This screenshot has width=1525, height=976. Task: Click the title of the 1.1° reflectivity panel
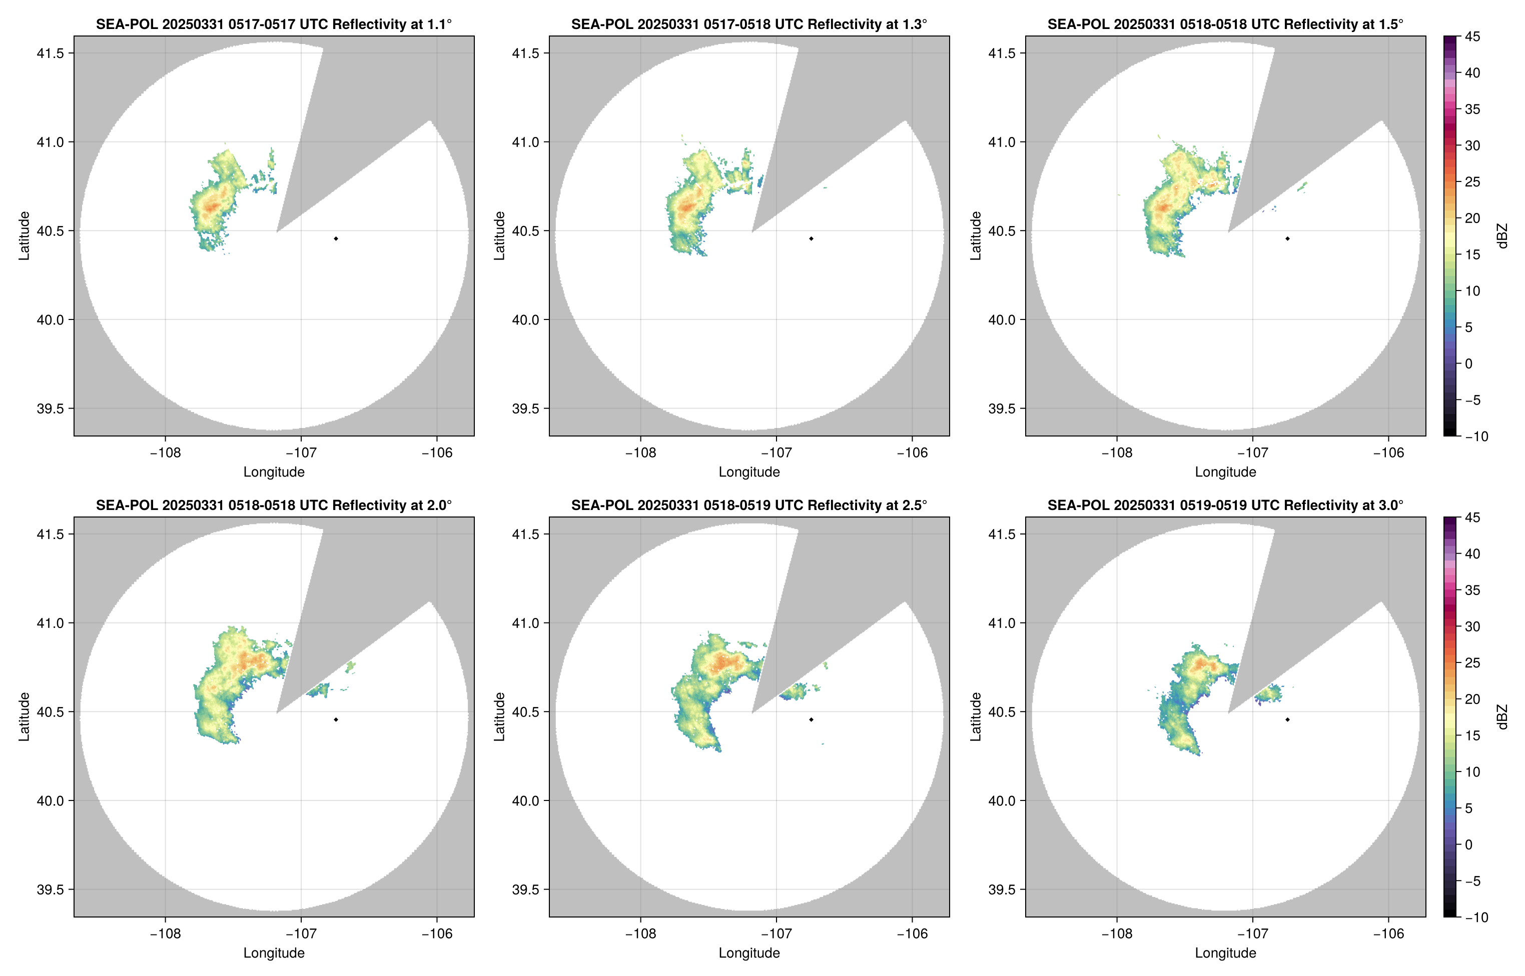click(x=274, y=24)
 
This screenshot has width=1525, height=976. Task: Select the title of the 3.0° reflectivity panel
click(x=1225, y=505)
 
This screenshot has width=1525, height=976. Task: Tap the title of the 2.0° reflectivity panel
click(x=274, y=505)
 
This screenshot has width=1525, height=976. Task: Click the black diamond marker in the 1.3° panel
click(x=811, y=239)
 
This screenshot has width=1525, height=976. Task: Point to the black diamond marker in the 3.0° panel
click(x=1287, y=720)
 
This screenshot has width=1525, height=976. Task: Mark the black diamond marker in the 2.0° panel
click(x=335, y=720)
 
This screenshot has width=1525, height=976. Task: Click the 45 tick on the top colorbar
click(x=1472, y=37)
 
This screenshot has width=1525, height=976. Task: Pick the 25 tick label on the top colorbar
click(x=1472, y=182)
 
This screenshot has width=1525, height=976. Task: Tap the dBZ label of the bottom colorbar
click(x=1501, y=717)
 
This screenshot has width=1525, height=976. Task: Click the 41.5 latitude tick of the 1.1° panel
click(x=50, y=53)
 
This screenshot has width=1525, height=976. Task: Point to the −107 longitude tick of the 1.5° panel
click(x=1252, y=452)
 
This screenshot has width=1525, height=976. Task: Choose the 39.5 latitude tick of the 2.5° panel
click(x=526, y=889)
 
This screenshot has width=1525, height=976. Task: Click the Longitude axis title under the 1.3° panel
click(x=749, y=471)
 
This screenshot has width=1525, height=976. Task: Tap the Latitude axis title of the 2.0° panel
click(x=24, y=717)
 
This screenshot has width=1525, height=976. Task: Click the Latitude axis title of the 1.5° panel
click(x=976, y=236)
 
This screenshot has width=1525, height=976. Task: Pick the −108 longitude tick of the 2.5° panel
click(x=640, y=933)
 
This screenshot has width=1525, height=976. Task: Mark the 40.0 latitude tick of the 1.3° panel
click(x=526, y=319)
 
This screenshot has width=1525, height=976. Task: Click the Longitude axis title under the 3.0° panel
click(x=1225, y=952)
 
